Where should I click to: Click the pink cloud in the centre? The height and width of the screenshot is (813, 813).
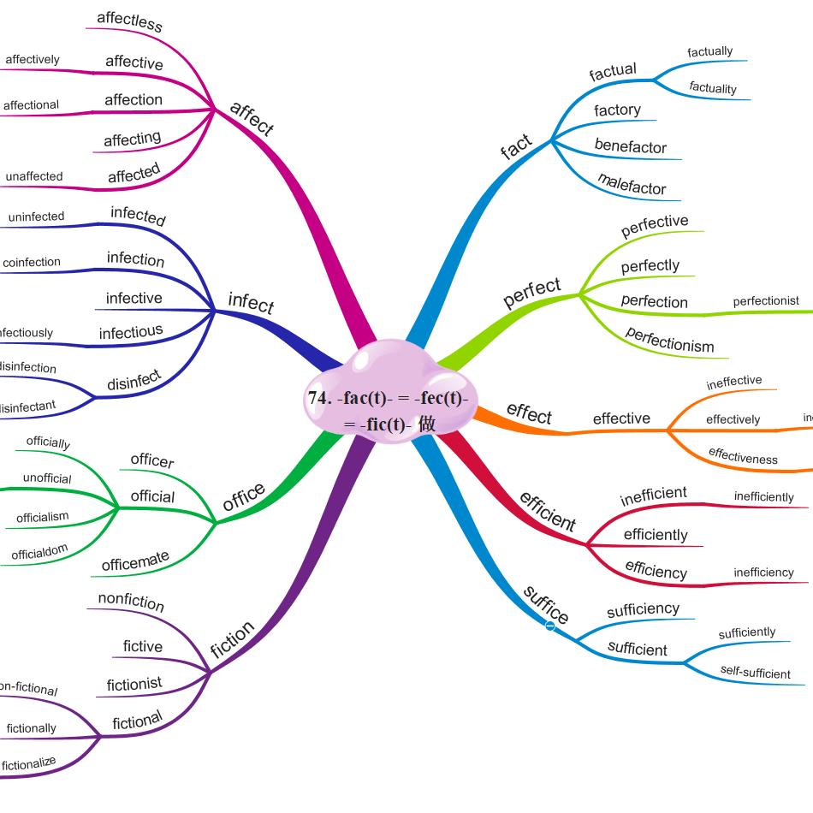coord(389,389)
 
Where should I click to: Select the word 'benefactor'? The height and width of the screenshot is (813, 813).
coord(630,147)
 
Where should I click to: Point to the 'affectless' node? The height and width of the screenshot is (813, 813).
coord(129,21)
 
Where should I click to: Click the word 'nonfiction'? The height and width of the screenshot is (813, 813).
coord(131,601)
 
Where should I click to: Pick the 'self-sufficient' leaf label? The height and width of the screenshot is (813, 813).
coord(756,674)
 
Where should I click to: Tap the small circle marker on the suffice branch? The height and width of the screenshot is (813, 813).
coord(550,626)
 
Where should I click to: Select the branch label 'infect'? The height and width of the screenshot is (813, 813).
coord(251,303)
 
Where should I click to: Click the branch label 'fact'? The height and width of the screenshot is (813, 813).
coord(516,147)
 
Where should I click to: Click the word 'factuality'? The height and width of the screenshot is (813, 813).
coord(713,88)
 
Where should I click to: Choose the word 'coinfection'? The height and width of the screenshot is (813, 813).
coord(32,262)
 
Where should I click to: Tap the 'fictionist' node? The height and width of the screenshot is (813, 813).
coord(134,685)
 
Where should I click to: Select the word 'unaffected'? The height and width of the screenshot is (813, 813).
coord(34,176)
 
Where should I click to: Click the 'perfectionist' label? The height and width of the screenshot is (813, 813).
coord(766,300)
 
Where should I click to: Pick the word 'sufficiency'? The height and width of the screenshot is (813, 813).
coord(643,609)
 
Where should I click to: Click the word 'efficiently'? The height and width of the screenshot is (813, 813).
coord(656,535)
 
